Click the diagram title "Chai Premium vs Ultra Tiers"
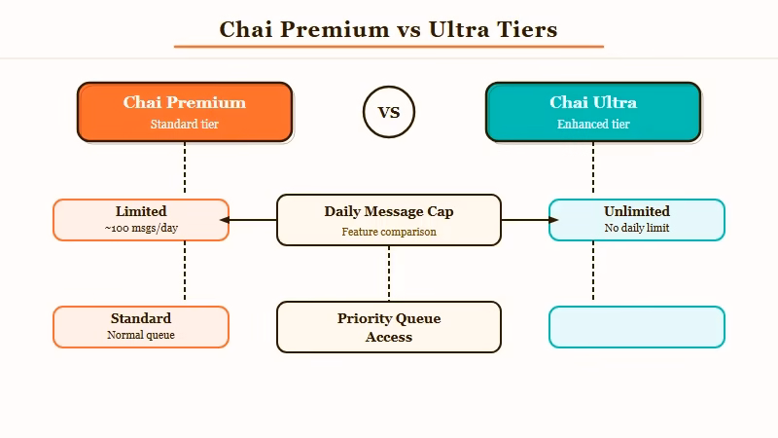coord(388,29)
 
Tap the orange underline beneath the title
coord(388,46)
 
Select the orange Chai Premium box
coord(185,112)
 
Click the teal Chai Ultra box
coord(593,112)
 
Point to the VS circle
coord(389,112)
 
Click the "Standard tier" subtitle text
coord(185,125)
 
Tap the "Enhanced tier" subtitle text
coord(593,125)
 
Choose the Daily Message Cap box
coord(389,220)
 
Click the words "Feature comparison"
coord(389,233)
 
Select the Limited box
coord(141,220)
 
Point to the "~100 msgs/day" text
coord(141,229)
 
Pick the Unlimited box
coord(637,220)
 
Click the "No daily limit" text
coord(637,229)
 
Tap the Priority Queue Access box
coord(389,327)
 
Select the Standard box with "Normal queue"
coord(141,327)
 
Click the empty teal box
coord(637,327)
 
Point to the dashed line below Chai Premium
coord(185,170)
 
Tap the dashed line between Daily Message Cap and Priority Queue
coord(389,273)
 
